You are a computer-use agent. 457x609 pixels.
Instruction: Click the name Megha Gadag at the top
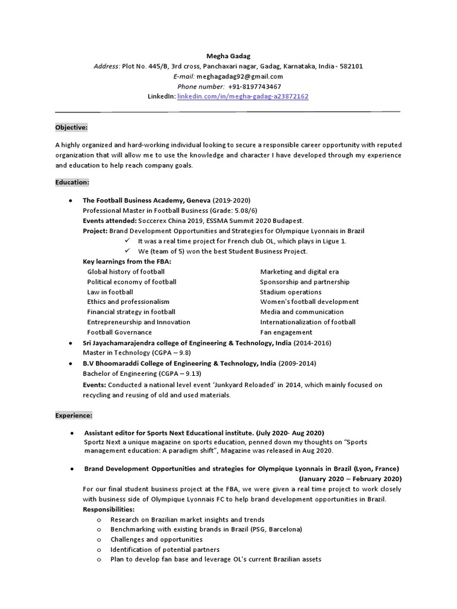[228, 56]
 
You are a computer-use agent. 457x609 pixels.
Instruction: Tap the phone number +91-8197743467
[254, 86]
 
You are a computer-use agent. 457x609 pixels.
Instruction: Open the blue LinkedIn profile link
[243, 96]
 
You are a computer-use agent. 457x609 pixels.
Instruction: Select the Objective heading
[71, 127]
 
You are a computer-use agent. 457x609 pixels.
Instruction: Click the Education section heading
[72, 182]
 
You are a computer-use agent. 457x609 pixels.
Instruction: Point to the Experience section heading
[74, 416]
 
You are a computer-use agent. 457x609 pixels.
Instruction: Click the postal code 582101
[350, 66]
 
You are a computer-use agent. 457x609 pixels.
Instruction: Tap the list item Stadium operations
[290, 292]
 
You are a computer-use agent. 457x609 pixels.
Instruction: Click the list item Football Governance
[120, 332]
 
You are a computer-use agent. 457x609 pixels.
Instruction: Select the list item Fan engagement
[286, 332]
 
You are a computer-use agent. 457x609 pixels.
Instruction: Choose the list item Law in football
[110, 292]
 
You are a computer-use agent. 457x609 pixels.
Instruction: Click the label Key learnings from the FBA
[127, 262]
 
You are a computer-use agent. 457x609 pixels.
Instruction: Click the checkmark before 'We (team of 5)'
[127, 251]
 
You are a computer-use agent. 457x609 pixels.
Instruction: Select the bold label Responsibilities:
[109, 510]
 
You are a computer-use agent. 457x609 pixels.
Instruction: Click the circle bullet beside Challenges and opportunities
[98, 540]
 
